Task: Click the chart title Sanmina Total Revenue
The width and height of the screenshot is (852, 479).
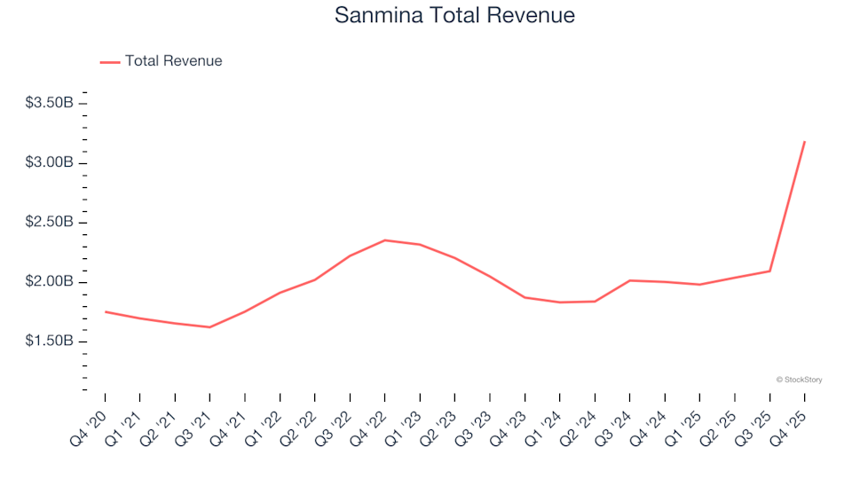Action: tap(454, 16)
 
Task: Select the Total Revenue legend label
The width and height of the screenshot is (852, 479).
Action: tap(173, 61)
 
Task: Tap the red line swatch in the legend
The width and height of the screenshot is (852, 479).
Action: tap(110, 62)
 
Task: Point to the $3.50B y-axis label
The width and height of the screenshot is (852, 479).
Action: tap(50, 103)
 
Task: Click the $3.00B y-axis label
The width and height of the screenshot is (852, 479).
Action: tap(50, 162)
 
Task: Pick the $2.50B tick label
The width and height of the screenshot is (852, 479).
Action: tap(50, 222)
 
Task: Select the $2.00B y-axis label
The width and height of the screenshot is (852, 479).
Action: tap(50, 282)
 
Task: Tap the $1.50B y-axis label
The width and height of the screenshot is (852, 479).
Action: tap(50, 342)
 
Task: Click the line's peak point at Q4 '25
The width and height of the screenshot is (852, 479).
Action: tap(804, 142)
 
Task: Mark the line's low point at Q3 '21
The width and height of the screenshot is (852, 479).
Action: tap(209, 327)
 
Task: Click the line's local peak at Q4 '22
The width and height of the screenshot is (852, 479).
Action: tap(384, 240)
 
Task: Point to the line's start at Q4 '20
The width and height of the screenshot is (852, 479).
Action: tap(105, 311)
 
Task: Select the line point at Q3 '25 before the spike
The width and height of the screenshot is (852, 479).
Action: tap(769, 271)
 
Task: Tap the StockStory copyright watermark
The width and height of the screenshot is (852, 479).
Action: tap(799, 380)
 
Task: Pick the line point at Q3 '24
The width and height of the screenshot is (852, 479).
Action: tap(629, 280)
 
